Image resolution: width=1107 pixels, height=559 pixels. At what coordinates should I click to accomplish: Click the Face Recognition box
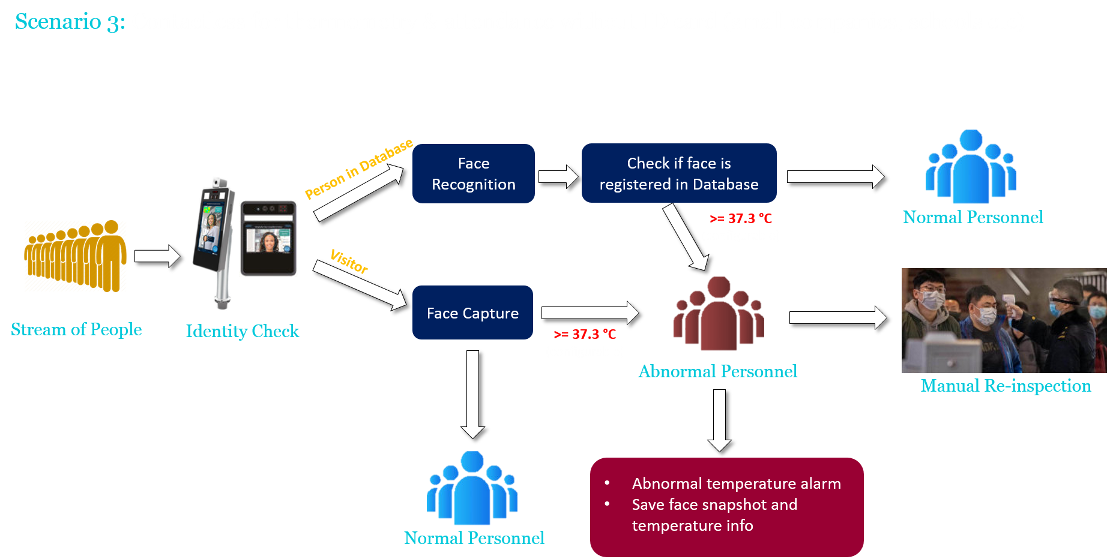coord(473,173)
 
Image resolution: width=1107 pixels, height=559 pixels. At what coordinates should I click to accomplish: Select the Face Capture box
coord(472,312)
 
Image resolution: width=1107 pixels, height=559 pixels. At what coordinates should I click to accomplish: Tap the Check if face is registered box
coord(678,173)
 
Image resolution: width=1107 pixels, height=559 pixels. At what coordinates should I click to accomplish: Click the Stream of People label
coord(76,329)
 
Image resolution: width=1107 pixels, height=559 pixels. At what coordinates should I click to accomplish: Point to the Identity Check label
coord(242,331)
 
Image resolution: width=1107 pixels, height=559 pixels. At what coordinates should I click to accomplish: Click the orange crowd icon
coord(75,256)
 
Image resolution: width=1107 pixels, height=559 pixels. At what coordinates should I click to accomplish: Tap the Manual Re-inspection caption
coord(1006,386)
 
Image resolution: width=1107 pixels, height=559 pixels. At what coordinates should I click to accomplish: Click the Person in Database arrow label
coord(358,169)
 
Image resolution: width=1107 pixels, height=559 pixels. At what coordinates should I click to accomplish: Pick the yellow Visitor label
coord(349,262)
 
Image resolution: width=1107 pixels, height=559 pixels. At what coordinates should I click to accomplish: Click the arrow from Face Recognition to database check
coord(558,176)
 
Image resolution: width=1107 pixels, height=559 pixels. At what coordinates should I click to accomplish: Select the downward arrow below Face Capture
coord(473,393)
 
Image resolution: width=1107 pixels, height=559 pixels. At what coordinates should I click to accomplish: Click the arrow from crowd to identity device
coord(157,256)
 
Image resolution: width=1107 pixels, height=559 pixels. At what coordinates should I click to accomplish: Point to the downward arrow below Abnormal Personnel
coord(719,420)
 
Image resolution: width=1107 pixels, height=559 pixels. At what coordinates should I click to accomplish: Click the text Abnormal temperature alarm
coord(736,483)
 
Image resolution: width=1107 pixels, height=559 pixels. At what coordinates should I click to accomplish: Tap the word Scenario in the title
coord(58,22)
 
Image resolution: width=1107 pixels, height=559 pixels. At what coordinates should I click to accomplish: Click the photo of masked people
coord(1004,320)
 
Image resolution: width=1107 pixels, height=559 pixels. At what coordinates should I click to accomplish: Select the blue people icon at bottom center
coord(472,488)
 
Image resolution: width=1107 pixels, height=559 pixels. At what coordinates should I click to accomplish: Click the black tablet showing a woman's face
coord(268,238)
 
